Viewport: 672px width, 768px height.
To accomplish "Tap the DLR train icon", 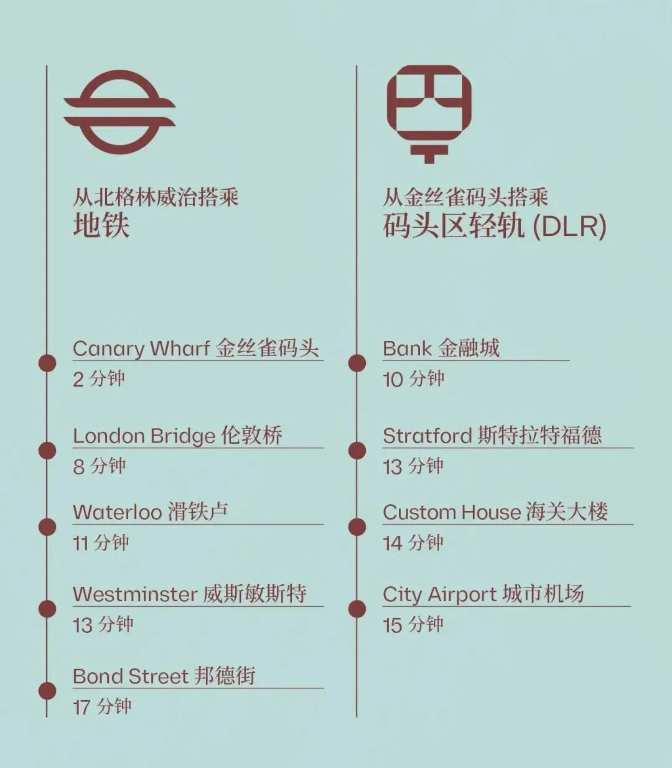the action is (429, 112).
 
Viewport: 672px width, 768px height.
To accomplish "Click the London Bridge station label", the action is (177, 436).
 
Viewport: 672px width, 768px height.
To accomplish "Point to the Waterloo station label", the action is (151, 512).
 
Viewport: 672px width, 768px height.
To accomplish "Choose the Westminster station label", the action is (189, 594).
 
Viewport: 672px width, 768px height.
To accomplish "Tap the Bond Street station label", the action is (164, 676).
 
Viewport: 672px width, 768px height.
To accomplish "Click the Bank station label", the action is (441, 348).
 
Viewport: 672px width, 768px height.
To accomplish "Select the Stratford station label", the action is (492, 436).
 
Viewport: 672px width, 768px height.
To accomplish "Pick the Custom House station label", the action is (495, 512).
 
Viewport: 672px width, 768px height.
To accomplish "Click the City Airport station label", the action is (483, 594).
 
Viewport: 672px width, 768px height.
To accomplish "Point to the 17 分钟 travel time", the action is (102, 706).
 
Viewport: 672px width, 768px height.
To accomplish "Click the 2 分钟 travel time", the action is (99, 379).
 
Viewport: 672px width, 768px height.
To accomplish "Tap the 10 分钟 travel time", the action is (413, 379).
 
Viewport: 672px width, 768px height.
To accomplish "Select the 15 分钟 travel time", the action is (413, 624).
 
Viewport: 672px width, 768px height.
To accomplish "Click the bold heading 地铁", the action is (101, 225).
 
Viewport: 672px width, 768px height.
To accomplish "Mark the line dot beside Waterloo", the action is (47, 527).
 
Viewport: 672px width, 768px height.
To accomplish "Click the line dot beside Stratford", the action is (357, 450).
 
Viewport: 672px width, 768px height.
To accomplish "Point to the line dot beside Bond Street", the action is (47, 690).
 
